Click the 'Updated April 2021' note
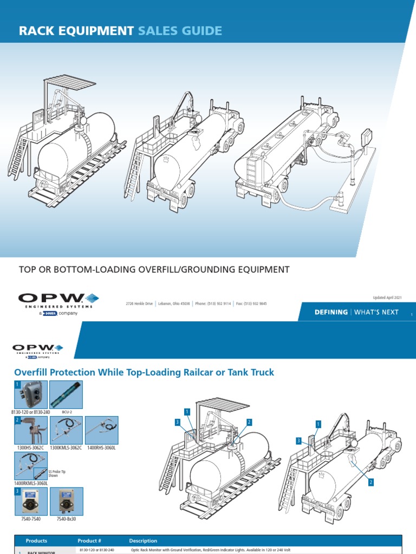coord(387,298)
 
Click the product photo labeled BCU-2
coord(66,394)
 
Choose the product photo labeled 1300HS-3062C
coord(30,430)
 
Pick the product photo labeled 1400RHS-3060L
coord(102,430)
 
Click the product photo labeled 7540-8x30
coord(66,501)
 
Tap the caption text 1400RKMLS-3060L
coord(31,483)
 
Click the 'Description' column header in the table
coord(143,540)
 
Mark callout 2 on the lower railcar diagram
coord(249,422)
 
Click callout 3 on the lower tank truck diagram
coord(298,441)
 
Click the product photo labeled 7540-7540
coord(30,501)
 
